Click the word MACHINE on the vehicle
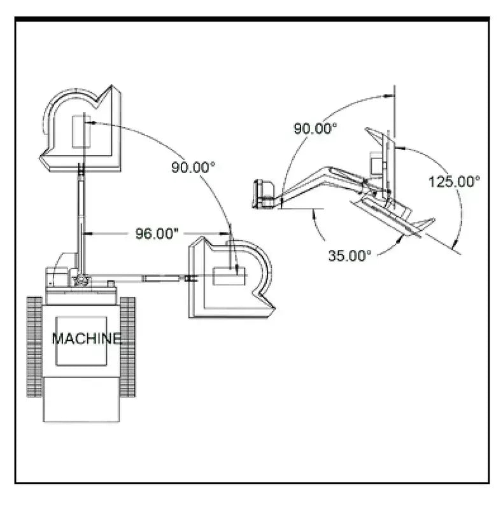pos(86,338)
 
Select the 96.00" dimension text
pos(157,233)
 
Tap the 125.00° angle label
pos(454,182)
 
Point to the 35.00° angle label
pos(350,256)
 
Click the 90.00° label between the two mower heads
pos(194,167)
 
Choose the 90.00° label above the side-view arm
pos(315,128)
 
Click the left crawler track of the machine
pos(34,347)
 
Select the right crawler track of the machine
pos(127,347)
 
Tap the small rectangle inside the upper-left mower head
pos(81,132)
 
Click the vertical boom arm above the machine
pos(81,216)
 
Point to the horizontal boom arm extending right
pos(146,277)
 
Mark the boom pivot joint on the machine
pos(80,279)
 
